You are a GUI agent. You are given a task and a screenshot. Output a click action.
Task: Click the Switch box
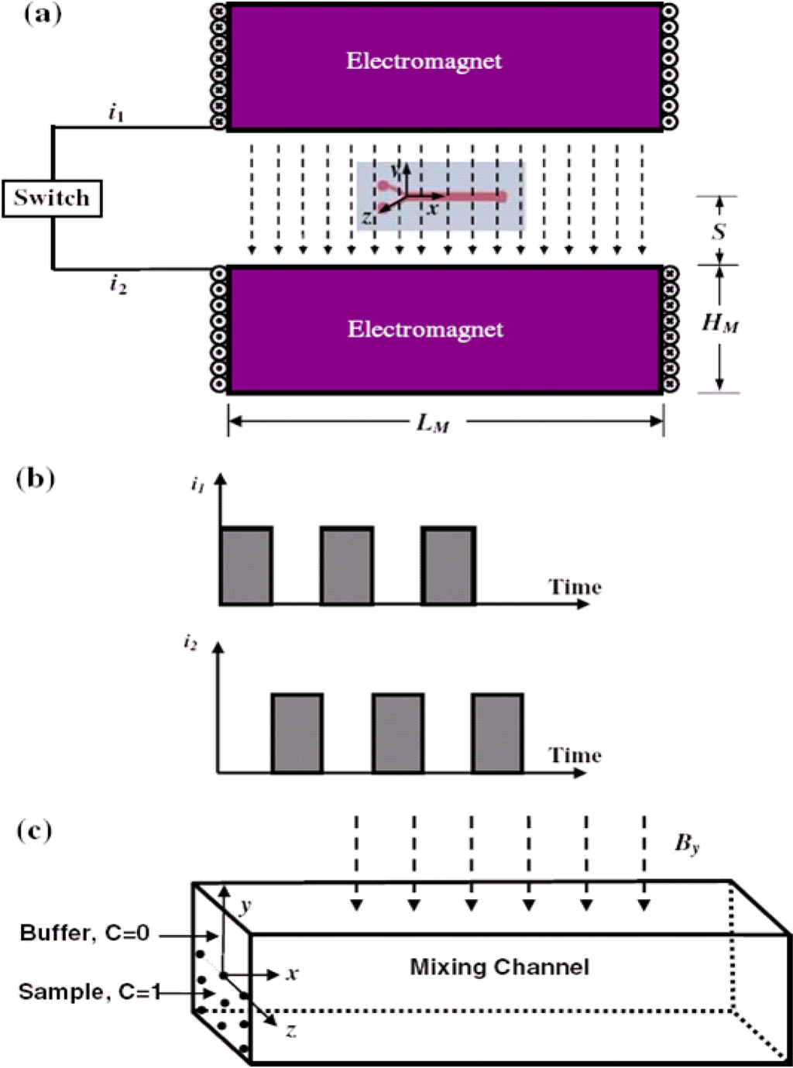point(52,198)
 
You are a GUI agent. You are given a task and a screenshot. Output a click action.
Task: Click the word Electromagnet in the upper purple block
point(424,61)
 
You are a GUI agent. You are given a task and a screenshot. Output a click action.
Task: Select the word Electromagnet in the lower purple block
point(425,330)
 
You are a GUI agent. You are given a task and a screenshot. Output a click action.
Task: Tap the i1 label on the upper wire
point(116,113)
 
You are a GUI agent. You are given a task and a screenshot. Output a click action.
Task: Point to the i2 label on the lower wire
point(118,285)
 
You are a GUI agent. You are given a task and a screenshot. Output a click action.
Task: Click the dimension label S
point(719,231)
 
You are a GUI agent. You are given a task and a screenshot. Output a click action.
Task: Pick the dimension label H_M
point(719,322)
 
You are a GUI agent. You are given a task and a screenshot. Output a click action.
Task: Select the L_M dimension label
point(432,423)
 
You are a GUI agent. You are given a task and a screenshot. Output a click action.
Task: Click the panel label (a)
point(42,15)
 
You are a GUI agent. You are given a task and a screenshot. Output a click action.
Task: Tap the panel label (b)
point(36,479)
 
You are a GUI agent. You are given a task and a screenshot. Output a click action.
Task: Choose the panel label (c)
point(35,831)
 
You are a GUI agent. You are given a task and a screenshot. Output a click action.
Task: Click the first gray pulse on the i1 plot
point(246,565)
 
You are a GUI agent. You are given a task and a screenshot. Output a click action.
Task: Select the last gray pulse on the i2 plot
point(497,733)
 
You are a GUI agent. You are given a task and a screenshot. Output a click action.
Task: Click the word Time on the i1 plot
point(575,587)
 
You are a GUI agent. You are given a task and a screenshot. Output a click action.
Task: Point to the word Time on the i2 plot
point(575,755)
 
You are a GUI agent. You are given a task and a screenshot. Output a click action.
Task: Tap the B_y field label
point(687,843)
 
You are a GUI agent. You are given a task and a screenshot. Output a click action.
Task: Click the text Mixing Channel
point(499,967)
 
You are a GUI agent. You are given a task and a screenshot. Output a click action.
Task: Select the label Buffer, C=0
point(84,933)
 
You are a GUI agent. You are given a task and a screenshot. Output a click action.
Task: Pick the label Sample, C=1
point(89,992)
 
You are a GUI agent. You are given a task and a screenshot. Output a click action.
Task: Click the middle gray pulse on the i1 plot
point(347,565)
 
